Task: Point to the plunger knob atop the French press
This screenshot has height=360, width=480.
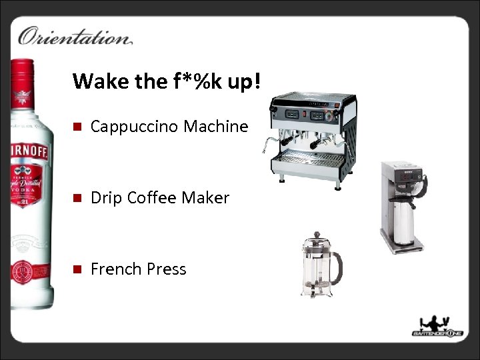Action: (315, 235)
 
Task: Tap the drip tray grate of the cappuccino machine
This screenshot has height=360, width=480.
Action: (311, 159)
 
